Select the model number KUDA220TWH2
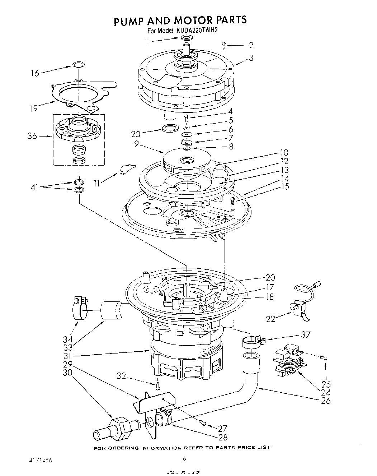click(197, 31)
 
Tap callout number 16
click(35, 73)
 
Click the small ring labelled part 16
click(79, 65)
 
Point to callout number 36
click(32, 136)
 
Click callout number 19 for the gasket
click(34, 108)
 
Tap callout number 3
click(251, 57)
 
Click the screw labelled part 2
click(223, 45)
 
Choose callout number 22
click(271, 318)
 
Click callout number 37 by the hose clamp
click(306, 334)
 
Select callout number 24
click(326, 392)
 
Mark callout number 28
click(222, 437)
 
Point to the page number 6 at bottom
click(184, 458)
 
